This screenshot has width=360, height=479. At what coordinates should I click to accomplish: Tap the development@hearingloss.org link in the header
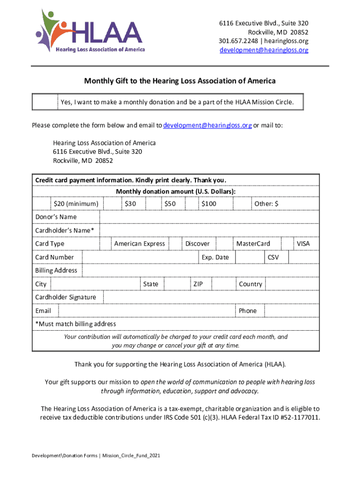(264, 50)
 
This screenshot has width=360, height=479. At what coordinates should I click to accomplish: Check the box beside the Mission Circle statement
(45, 102)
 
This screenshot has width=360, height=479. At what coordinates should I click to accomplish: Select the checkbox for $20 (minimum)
(41, 204)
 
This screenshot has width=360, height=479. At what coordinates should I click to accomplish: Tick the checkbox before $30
(112, 204)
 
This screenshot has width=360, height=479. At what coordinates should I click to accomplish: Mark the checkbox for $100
(192, 204)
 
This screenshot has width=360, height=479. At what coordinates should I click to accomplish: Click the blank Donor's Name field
(209, 217)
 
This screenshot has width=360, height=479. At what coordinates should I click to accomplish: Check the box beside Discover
(175, 244)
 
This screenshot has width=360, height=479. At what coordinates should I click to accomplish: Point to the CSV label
(273, 257)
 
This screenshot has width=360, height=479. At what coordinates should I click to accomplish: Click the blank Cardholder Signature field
(211, 298)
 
